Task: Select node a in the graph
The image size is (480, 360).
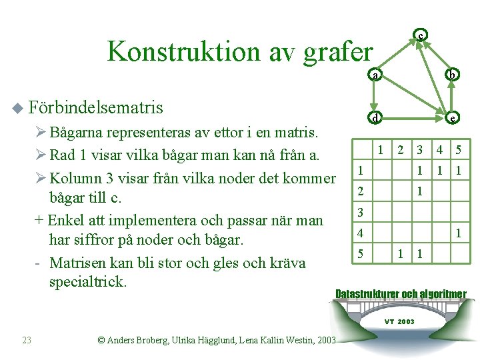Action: click(x=375, y=75)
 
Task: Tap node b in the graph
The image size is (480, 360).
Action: click(x=453, y=75)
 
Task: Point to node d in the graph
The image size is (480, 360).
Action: click(x=375, y=119)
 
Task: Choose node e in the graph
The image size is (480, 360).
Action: click(x=453, y=119)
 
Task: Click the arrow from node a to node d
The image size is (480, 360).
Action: click(x=375, y=97)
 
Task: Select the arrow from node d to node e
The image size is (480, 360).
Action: click(x=413, y=119)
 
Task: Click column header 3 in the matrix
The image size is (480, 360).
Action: click(x=419, y=150)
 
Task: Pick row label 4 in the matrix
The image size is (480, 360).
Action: click(x=359, y=233)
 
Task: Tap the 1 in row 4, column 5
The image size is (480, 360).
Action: click(x=458, y=233)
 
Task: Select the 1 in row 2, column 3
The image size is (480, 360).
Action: click(x=419, y=191)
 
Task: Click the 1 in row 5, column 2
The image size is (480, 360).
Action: click(x=400, y=254)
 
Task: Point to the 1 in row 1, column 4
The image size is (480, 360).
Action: click(x=439, y=171)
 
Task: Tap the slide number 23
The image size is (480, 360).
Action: click(x=27, y=340)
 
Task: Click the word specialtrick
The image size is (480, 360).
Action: click(x=87, y=281)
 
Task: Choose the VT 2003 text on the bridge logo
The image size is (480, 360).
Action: click(x=400, y=321)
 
